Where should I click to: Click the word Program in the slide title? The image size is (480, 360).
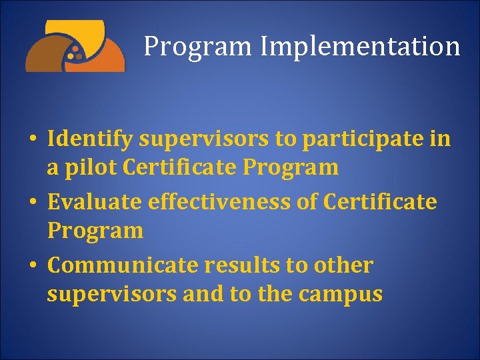(x=198, y=47)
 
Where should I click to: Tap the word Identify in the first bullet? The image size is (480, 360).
(x=91, y=139)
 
